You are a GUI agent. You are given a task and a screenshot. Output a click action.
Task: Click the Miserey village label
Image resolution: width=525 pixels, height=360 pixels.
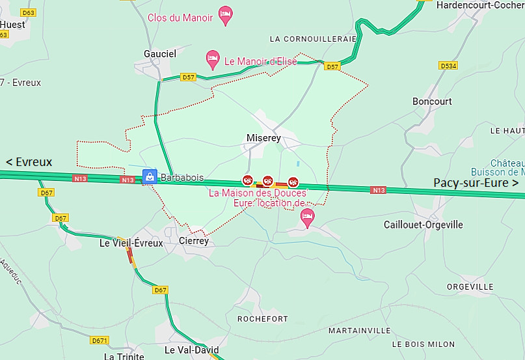pyautogui.click(x=263, y=138)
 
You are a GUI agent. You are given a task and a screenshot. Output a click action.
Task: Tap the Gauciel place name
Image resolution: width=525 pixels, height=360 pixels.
pyautogui.click(x=160, y=54)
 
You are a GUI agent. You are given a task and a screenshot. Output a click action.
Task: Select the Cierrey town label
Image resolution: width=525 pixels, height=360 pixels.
pyautogui.click(x=193, y=241)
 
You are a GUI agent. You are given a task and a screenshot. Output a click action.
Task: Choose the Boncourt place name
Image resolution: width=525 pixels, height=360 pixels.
pyautogui.click(x=432, y=102)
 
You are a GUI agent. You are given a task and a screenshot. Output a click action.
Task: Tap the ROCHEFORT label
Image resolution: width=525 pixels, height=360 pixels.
pyautogui.click(x=263, y=319)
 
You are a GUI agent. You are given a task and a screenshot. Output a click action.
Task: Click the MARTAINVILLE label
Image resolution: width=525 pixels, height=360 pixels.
pyautogui.click(x=359, y=331)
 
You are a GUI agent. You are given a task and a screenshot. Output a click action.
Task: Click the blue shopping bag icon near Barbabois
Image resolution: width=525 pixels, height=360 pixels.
pyautogui.click(x=150, y=177)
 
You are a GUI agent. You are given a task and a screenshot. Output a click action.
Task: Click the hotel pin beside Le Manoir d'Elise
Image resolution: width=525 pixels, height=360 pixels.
pyautogui.click(x=212, y=59)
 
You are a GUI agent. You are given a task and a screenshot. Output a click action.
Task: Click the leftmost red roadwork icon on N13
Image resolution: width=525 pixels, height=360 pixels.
pyautogui.click(x=247, y=180)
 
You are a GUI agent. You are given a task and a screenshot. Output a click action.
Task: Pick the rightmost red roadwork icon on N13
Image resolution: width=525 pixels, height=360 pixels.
pyautogui.click(x=293, y=182)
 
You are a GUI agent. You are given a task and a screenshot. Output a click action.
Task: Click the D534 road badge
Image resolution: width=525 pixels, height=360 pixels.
pyautogui.click(x=448, y=66)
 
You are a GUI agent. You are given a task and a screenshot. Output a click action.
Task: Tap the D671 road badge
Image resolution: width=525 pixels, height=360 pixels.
pyautogui.click(x=99, y=340)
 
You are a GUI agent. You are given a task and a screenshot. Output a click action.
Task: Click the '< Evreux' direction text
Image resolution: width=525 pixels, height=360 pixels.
pyautogui.click(x=29, y=162)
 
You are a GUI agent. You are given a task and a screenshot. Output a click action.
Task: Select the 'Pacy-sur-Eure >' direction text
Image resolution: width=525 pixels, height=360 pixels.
pyautogui.click(x=476, y=183)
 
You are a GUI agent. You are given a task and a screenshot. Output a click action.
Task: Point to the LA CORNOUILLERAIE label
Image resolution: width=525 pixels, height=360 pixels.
pyautogui.click(x=313, y=39)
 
